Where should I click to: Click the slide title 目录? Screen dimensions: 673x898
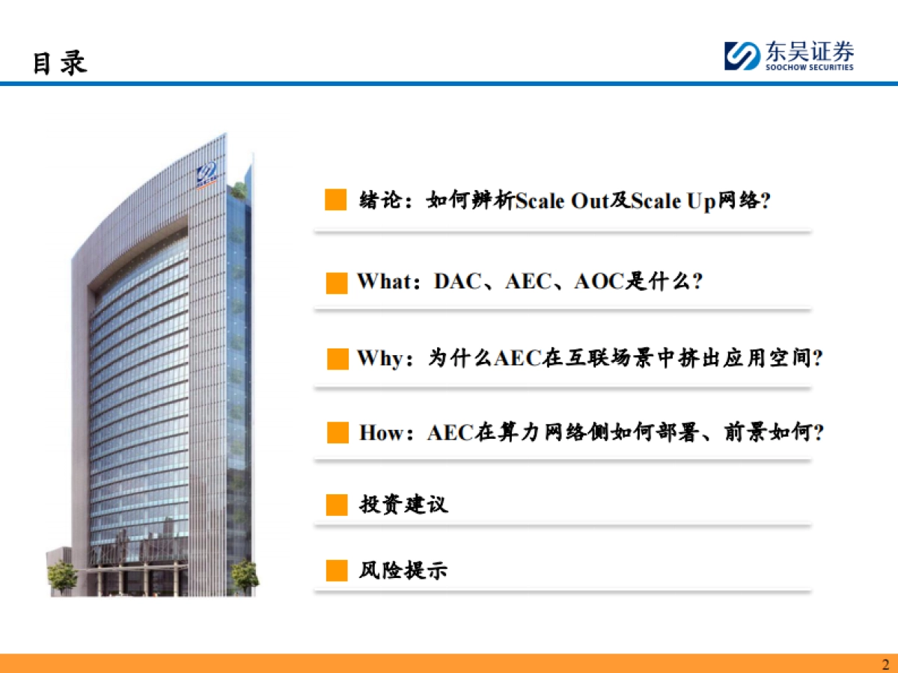pyautogui.click(x=60, y=63)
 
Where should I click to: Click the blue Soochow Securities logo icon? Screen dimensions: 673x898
pyautogui.click(x=742, y=56)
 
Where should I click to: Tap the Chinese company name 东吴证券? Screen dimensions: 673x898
pyautogui.click(x=809, y=52)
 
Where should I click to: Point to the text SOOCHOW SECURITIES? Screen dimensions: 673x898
pyautogui.click(x=809, y=67)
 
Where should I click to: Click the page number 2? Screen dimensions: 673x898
pyautogui.click(x=885, y=664)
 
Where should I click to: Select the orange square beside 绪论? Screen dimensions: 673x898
pyautogui.click(x=336, y=200)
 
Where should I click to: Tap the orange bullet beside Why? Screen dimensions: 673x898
pyautogui.click(x=337, y=359)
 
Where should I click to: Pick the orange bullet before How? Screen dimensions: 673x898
pyautogui.click(x=338, y=433)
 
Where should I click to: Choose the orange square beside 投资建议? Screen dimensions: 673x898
pyautogui.click(x=337, y=505)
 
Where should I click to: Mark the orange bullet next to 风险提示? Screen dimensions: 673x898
pyautogui.click(x=337, y=571)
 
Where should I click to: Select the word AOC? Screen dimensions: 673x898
pyautogui.click(x=598, y=282)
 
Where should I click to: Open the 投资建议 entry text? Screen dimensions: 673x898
pyautogui.click(x=404, y=504)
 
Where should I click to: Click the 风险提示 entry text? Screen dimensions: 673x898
pyautogui.click(x=404, y=571)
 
